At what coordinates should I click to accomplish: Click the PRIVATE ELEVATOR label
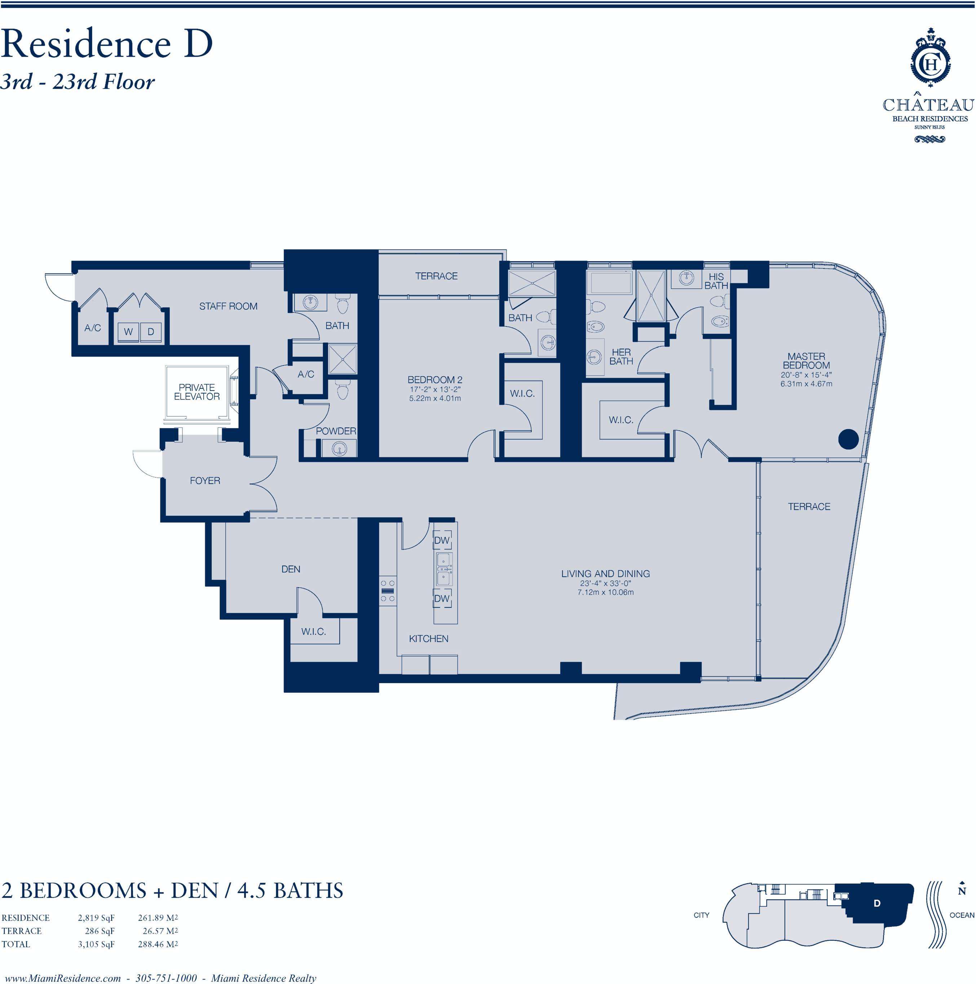(x=196, y=392)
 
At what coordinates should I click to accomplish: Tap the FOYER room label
(x=205, y=480)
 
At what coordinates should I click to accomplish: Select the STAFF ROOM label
(x=228, y=306)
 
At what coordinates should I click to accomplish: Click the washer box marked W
(x=128, y=331)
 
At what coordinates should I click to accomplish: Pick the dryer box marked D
(x=151, y=331)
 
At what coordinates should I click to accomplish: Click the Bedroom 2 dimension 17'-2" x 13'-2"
(x=435, y=389)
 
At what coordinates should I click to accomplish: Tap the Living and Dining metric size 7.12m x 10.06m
(x=605, y=592)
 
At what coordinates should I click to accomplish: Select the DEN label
(x=291, y=569)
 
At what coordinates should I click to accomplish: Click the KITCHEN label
(x=429, y=639)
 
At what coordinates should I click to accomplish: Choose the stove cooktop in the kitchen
(x=388, y=591)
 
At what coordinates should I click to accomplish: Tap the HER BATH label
(x=621, y=356)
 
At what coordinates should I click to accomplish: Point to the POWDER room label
(x=336, y=431)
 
